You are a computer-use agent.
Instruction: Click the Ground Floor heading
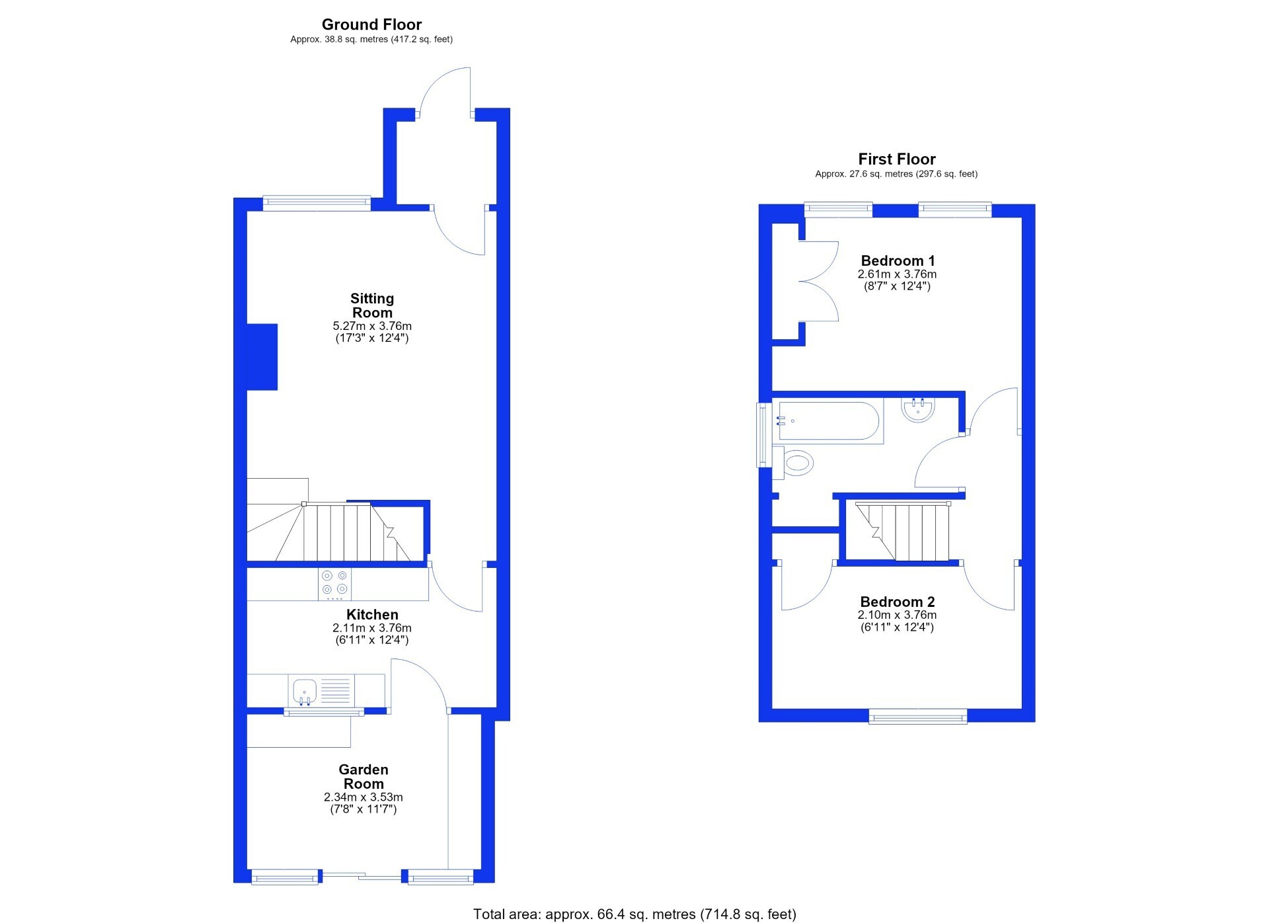371,24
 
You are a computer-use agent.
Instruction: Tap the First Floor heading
897,159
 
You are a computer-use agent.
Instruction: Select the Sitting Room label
372,305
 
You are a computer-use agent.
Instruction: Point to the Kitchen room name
372,614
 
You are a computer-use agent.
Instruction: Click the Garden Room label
364,776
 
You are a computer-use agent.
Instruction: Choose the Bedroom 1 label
898,261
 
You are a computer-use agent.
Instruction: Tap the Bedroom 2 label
898,602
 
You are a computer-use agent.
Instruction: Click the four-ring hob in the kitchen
334,583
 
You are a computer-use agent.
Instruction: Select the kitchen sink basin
304,690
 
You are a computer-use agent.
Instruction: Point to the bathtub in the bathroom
828,421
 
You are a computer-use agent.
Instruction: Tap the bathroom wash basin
917,409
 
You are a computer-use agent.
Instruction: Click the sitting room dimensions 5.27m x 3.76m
372,326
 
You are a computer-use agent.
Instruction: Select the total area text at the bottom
634,914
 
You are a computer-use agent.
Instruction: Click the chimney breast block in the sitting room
262,357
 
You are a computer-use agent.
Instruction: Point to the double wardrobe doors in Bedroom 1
819,282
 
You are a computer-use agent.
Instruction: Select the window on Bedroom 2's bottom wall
918,715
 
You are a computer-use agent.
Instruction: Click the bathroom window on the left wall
764,434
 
